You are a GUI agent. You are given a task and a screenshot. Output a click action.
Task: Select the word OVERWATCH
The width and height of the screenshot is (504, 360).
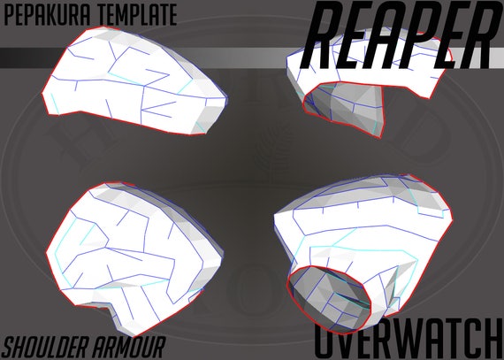(x=409, y=339)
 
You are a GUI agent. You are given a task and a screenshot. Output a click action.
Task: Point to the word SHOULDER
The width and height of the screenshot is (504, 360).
(x=44, y=348)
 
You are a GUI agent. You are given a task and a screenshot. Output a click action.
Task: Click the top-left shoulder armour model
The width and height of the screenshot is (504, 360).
(x=134, y=81)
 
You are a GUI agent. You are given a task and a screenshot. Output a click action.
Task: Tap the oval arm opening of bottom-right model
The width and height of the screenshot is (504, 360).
(x=330, y=299)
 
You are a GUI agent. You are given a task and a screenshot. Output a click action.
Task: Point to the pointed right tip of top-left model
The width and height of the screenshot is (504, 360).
(x=226, y=98)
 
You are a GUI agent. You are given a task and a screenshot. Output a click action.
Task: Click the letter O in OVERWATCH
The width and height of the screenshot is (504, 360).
(x=327, y=339)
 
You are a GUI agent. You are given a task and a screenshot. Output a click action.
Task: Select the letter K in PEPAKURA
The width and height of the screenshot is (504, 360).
(x=57, y=15)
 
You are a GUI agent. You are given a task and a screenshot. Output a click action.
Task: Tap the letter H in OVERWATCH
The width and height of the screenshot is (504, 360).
(x=492, y=339)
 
